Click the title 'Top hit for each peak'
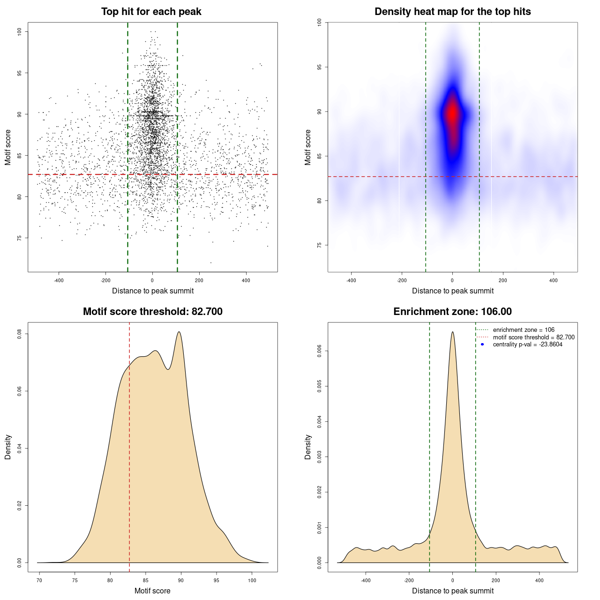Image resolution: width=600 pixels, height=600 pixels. pos(151,12)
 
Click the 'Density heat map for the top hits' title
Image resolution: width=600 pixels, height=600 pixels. pos(452,12)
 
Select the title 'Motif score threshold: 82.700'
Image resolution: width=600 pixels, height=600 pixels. pos(152,312)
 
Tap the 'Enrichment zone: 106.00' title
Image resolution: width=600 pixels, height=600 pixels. pos(452,312)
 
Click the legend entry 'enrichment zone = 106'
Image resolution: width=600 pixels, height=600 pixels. pos(523,330)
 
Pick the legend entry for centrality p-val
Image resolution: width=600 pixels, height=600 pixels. pos(527,345)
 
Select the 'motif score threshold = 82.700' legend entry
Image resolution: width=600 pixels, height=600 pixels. pos(533,337)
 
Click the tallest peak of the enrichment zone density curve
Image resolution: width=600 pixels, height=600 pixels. pos(452,332)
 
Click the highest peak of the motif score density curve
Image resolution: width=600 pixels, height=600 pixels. pos(179,332)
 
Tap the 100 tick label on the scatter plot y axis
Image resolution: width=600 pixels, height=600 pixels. pos(20,31)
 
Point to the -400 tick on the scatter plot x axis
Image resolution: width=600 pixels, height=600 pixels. pos(59,280)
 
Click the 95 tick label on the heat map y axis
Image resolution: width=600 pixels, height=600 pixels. pos(320,67)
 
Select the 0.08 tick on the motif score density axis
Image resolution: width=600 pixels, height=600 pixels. pos(20,334)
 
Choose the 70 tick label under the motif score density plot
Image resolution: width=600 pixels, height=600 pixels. pos(39,580)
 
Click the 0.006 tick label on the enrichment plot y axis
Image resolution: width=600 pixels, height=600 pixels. pos(320,351)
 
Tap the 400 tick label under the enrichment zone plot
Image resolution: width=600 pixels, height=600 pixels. pos(540,580)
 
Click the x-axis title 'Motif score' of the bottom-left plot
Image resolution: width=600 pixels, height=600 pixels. pos(152,591)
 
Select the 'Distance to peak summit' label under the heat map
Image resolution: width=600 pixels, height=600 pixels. pos(452,291)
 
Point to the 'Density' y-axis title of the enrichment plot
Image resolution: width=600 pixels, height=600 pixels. pos(308,447)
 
